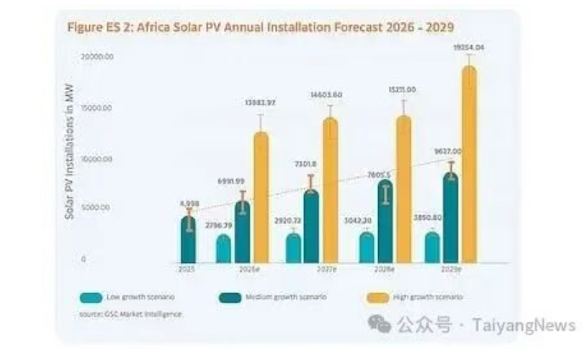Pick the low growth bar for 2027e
coord(293,248)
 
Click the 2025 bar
coord(189,240)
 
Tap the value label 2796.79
coord(220,224)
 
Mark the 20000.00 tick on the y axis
coord(98,57)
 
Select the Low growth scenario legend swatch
coord(91,296)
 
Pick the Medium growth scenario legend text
coord(298,296)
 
